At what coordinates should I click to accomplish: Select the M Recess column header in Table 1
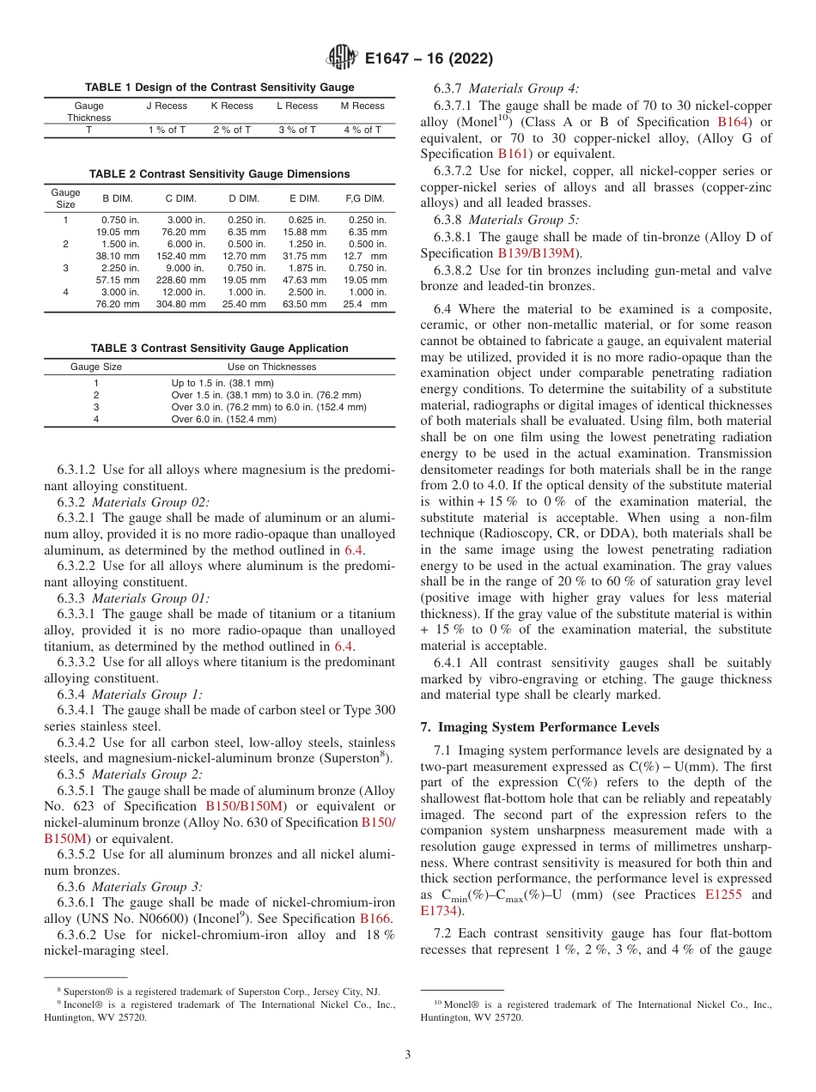click(x=362, y=106)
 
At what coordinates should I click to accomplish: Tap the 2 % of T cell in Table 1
click(x=232, y=130)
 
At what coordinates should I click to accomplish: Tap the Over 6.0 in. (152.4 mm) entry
click(x=224, y=419)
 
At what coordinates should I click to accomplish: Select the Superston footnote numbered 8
click(x=219, y=991)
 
